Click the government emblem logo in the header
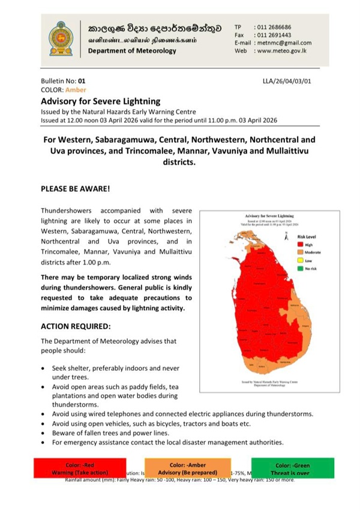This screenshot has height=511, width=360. click(62, 38)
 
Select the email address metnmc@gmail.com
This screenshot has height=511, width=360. click(283, 43)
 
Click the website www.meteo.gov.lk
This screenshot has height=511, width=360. click(282, 51)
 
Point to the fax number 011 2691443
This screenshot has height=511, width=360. click(274, 35)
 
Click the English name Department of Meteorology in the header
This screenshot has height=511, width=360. click(132, 51)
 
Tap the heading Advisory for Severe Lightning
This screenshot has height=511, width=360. click(100, 101)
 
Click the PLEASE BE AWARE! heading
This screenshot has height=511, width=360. click(75, 188)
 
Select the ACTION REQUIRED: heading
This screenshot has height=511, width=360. click(76, 327)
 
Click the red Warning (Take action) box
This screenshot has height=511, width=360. click(80, 468)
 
